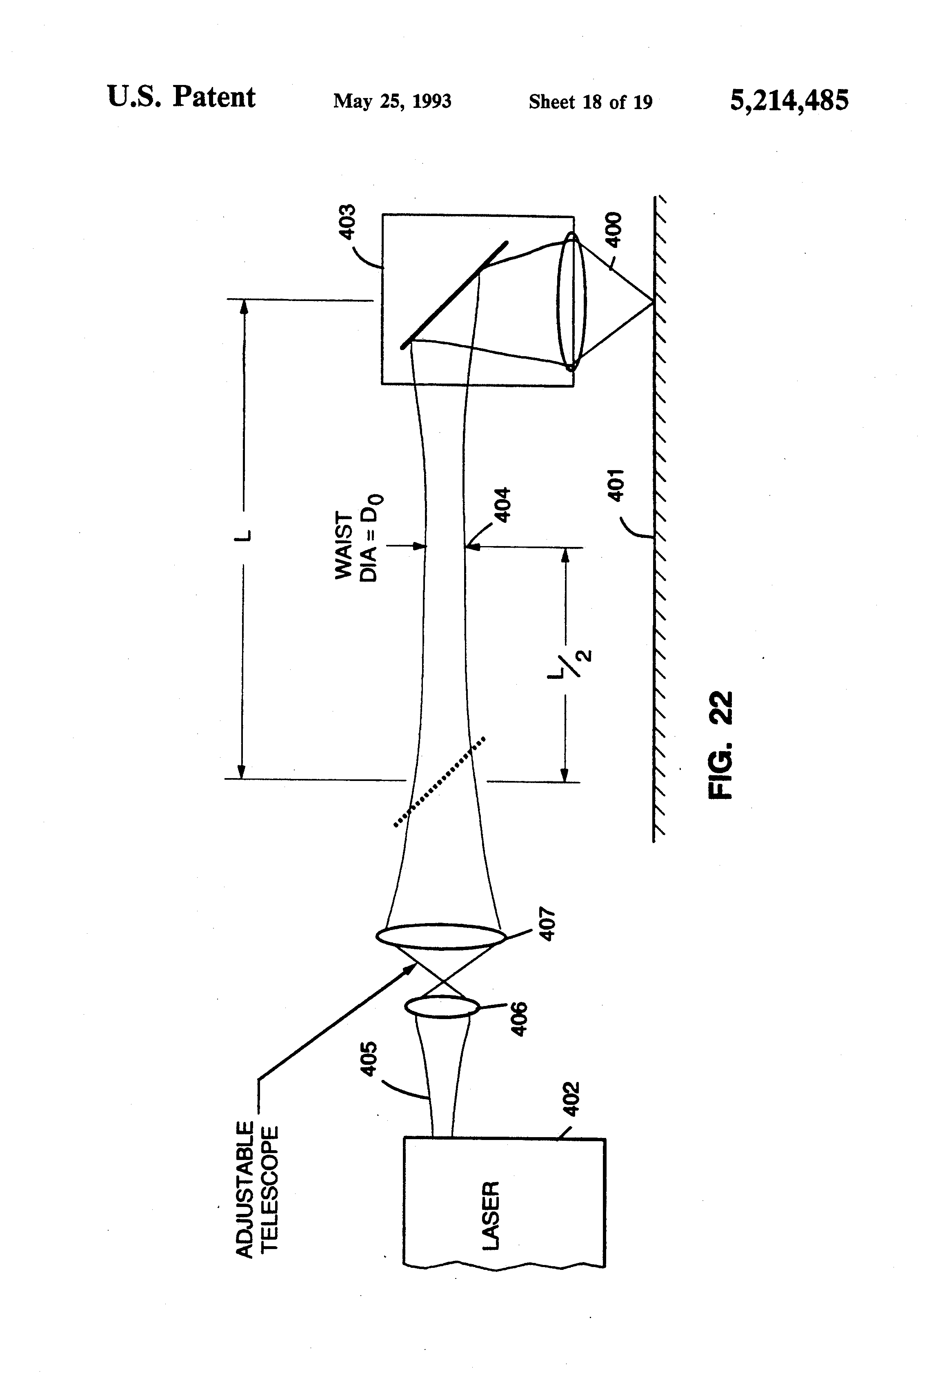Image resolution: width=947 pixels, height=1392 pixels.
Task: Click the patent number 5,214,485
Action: point(788,100)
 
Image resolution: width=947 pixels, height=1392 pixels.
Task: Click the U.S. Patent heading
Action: point(181,97)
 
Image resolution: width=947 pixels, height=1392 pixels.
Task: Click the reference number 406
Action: point(519,1018)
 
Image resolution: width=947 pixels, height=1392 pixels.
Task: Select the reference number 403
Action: point(347,222)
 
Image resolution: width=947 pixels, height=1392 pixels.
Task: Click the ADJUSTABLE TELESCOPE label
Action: point(257,1189)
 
